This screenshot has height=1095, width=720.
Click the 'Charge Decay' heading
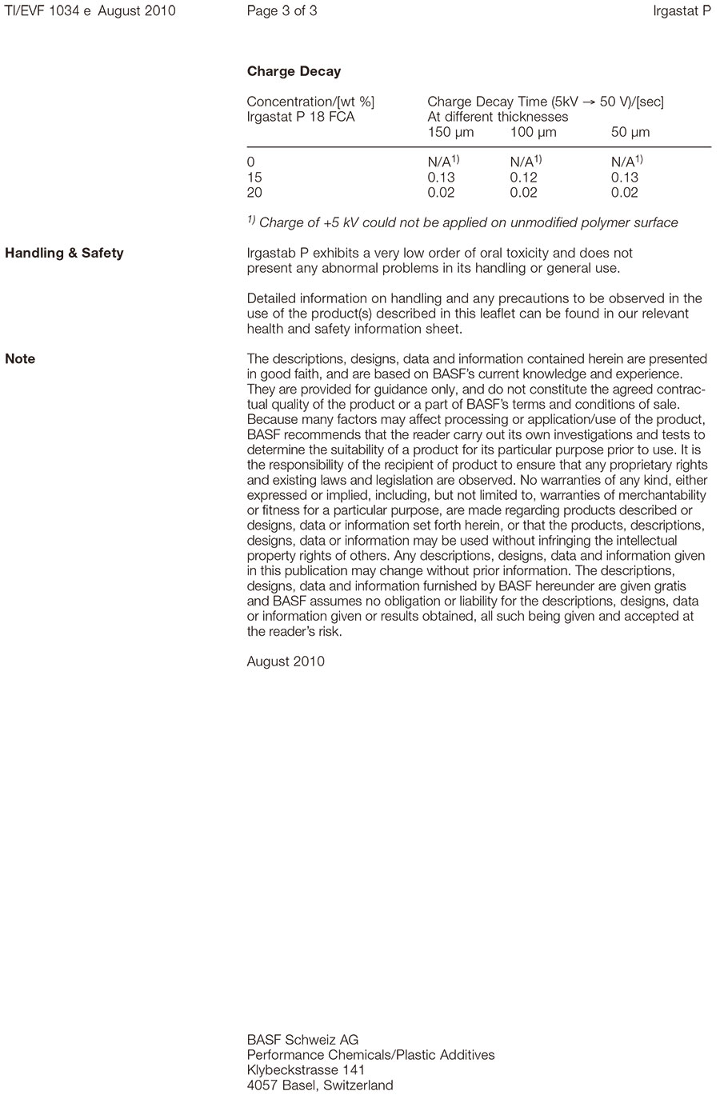point(294,72)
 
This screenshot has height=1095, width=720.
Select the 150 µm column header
point(450,132)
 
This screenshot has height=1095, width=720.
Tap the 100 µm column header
point(533,132)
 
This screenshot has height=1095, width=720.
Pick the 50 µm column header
point(630,132)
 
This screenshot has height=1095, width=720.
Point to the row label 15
point(254,178)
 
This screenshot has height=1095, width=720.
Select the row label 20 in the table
point(254,193)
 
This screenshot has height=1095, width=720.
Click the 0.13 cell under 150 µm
point(441,178)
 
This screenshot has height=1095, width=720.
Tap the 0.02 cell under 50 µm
point(624,193)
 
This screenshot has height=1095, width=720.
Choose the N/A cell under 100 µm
point(526,162)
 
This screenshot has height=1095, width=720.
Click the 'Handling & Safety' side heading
point(64,254)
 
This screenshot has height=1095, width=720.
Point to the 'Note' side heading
point(20,359)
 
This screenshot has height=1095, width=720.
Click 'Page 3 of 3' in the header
point(282,11)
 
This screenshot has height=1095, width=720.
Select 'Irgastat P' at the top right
point(682,11)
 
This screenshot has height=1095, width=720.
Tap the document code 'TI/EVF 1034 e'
point(48,11)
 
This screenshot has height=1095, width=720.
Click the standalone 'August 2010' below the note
point(286,661)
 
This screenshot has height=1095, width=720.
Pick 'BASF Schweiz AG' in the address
point(302,1040)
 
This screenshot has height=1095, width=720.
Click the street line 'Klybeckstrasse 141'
point(306,1070)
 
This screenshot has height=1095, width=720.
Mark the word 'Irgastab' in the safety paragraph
point(272,254)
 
